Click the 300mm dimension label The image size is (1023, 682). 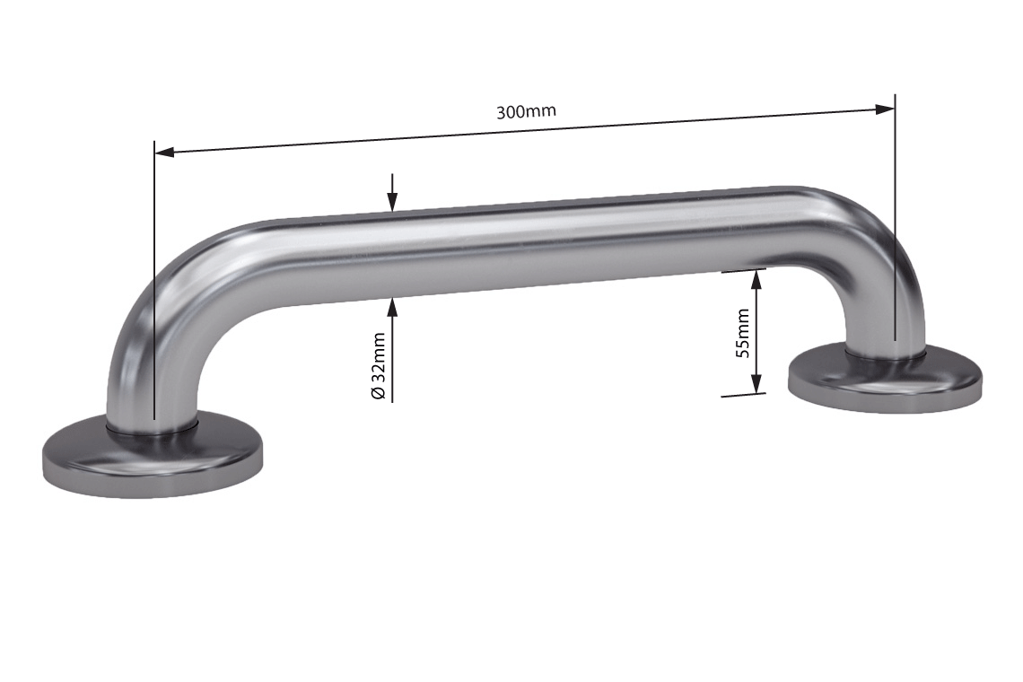coord(527,112)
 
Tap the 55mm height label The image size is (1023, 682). coord(743,333)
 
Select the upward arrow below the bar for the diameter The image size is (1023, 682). coord(392,308)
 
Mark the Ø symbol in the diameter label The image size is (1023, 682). coord(379,394)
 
